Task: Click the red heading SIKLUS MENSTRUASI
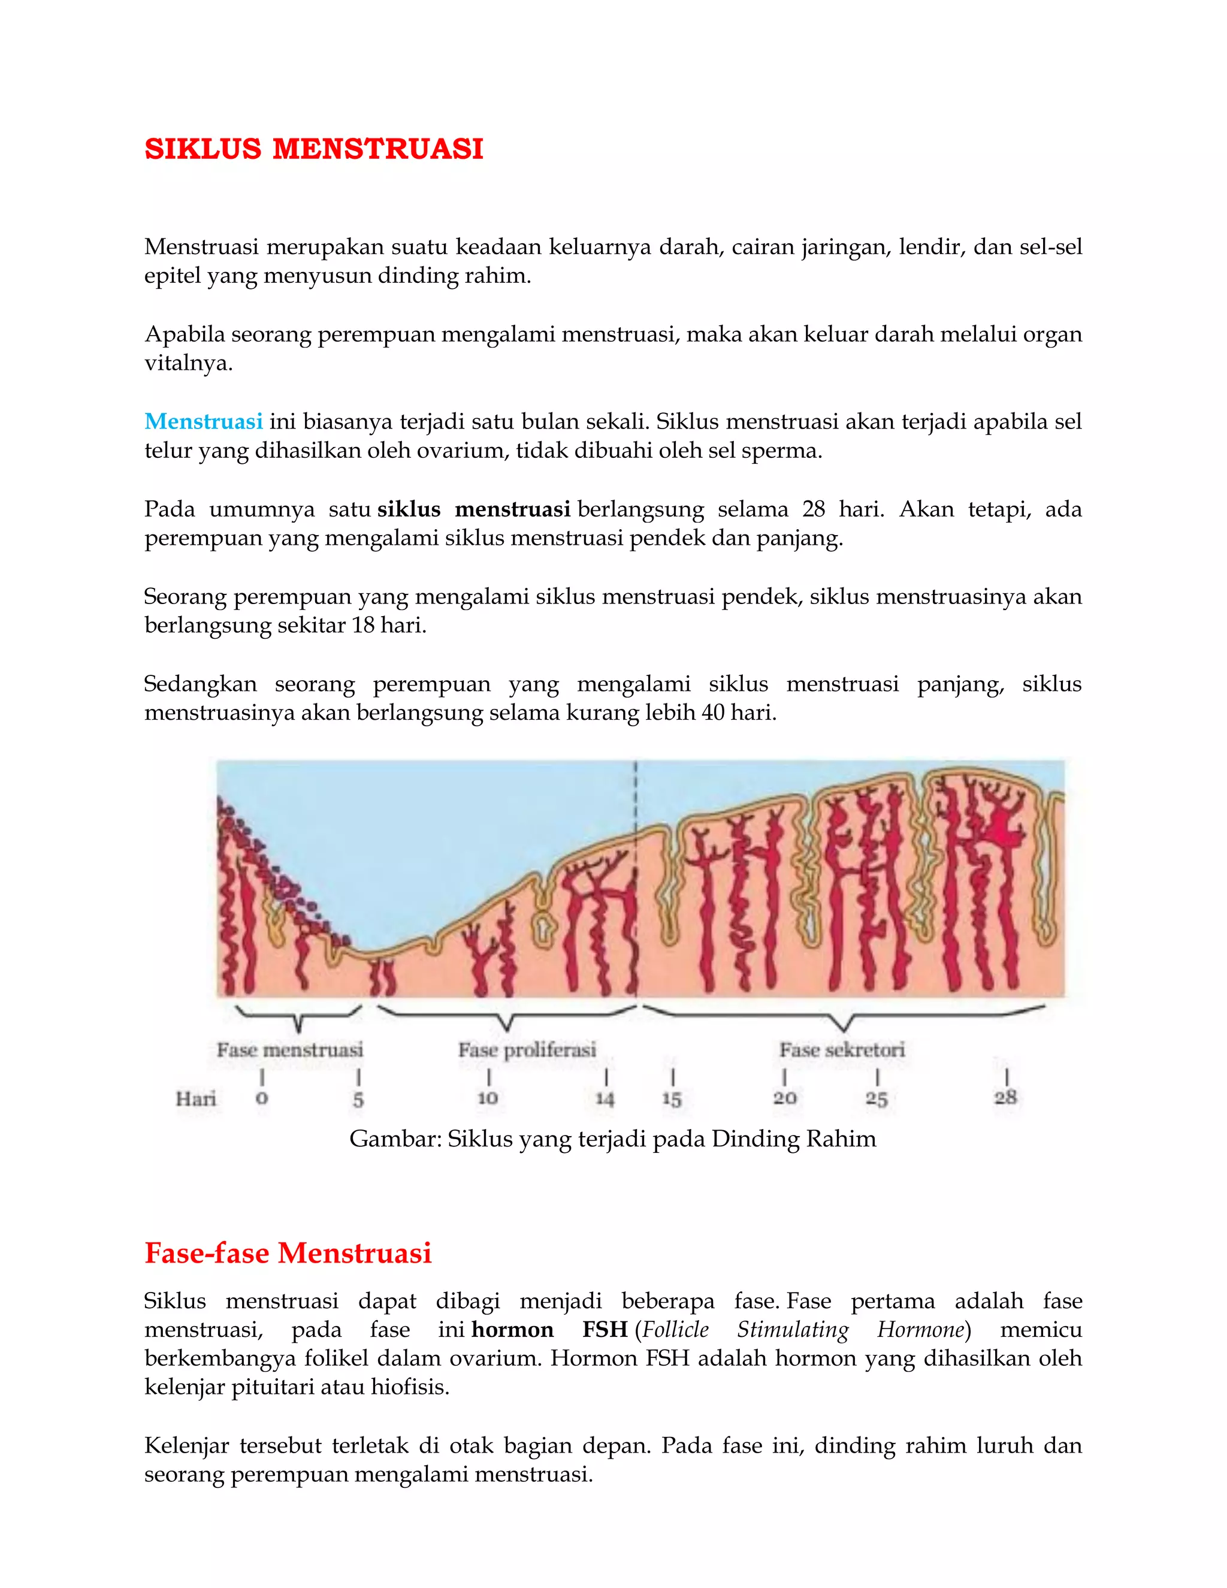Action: coord(313,149)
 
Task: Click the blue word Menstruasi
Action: coord(204,422)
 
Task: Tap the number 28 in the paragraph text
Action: coord(814,509)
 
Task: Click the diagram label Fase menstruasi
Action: coord(289,1050)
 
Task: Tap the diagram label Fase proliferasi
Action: coord(527,1050)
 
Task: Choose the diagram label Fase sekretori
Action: coord(842,1050)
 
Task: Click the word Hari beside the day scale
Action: coord(195,1098)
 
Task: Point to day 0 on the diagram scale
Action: coord(262,1098)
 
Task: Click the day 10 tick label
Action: coord(488,1098)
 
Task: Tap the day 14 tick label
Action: coord(605,1098)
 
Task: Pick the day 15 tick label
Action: coord(672,1098)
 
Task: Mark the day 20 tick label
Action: coord(784,1098)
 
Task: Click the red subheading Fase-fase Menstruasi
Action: coord(288,1253)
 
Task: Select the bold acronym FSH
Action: coord(605,1330)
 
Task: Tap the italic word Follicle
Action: coord(676,1330)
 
